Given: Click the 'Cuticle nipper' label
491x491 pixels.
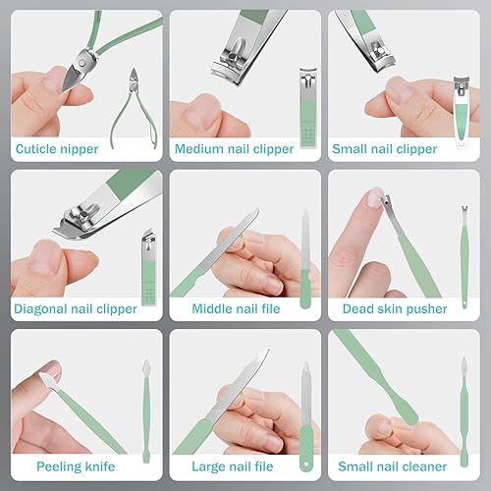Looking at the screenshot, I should click(59, 150).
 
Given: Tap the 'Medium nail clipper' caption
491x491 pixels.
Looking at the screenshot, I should click(234, 150).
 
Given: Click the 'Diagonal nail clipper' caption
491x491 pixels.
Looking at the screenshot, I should click(76, 308).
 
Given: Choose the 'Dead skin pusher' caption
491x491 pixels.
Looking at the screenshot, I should click(394, 308).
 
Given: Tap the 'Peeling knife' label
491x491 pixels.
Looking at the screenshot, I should click(75, 466).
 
